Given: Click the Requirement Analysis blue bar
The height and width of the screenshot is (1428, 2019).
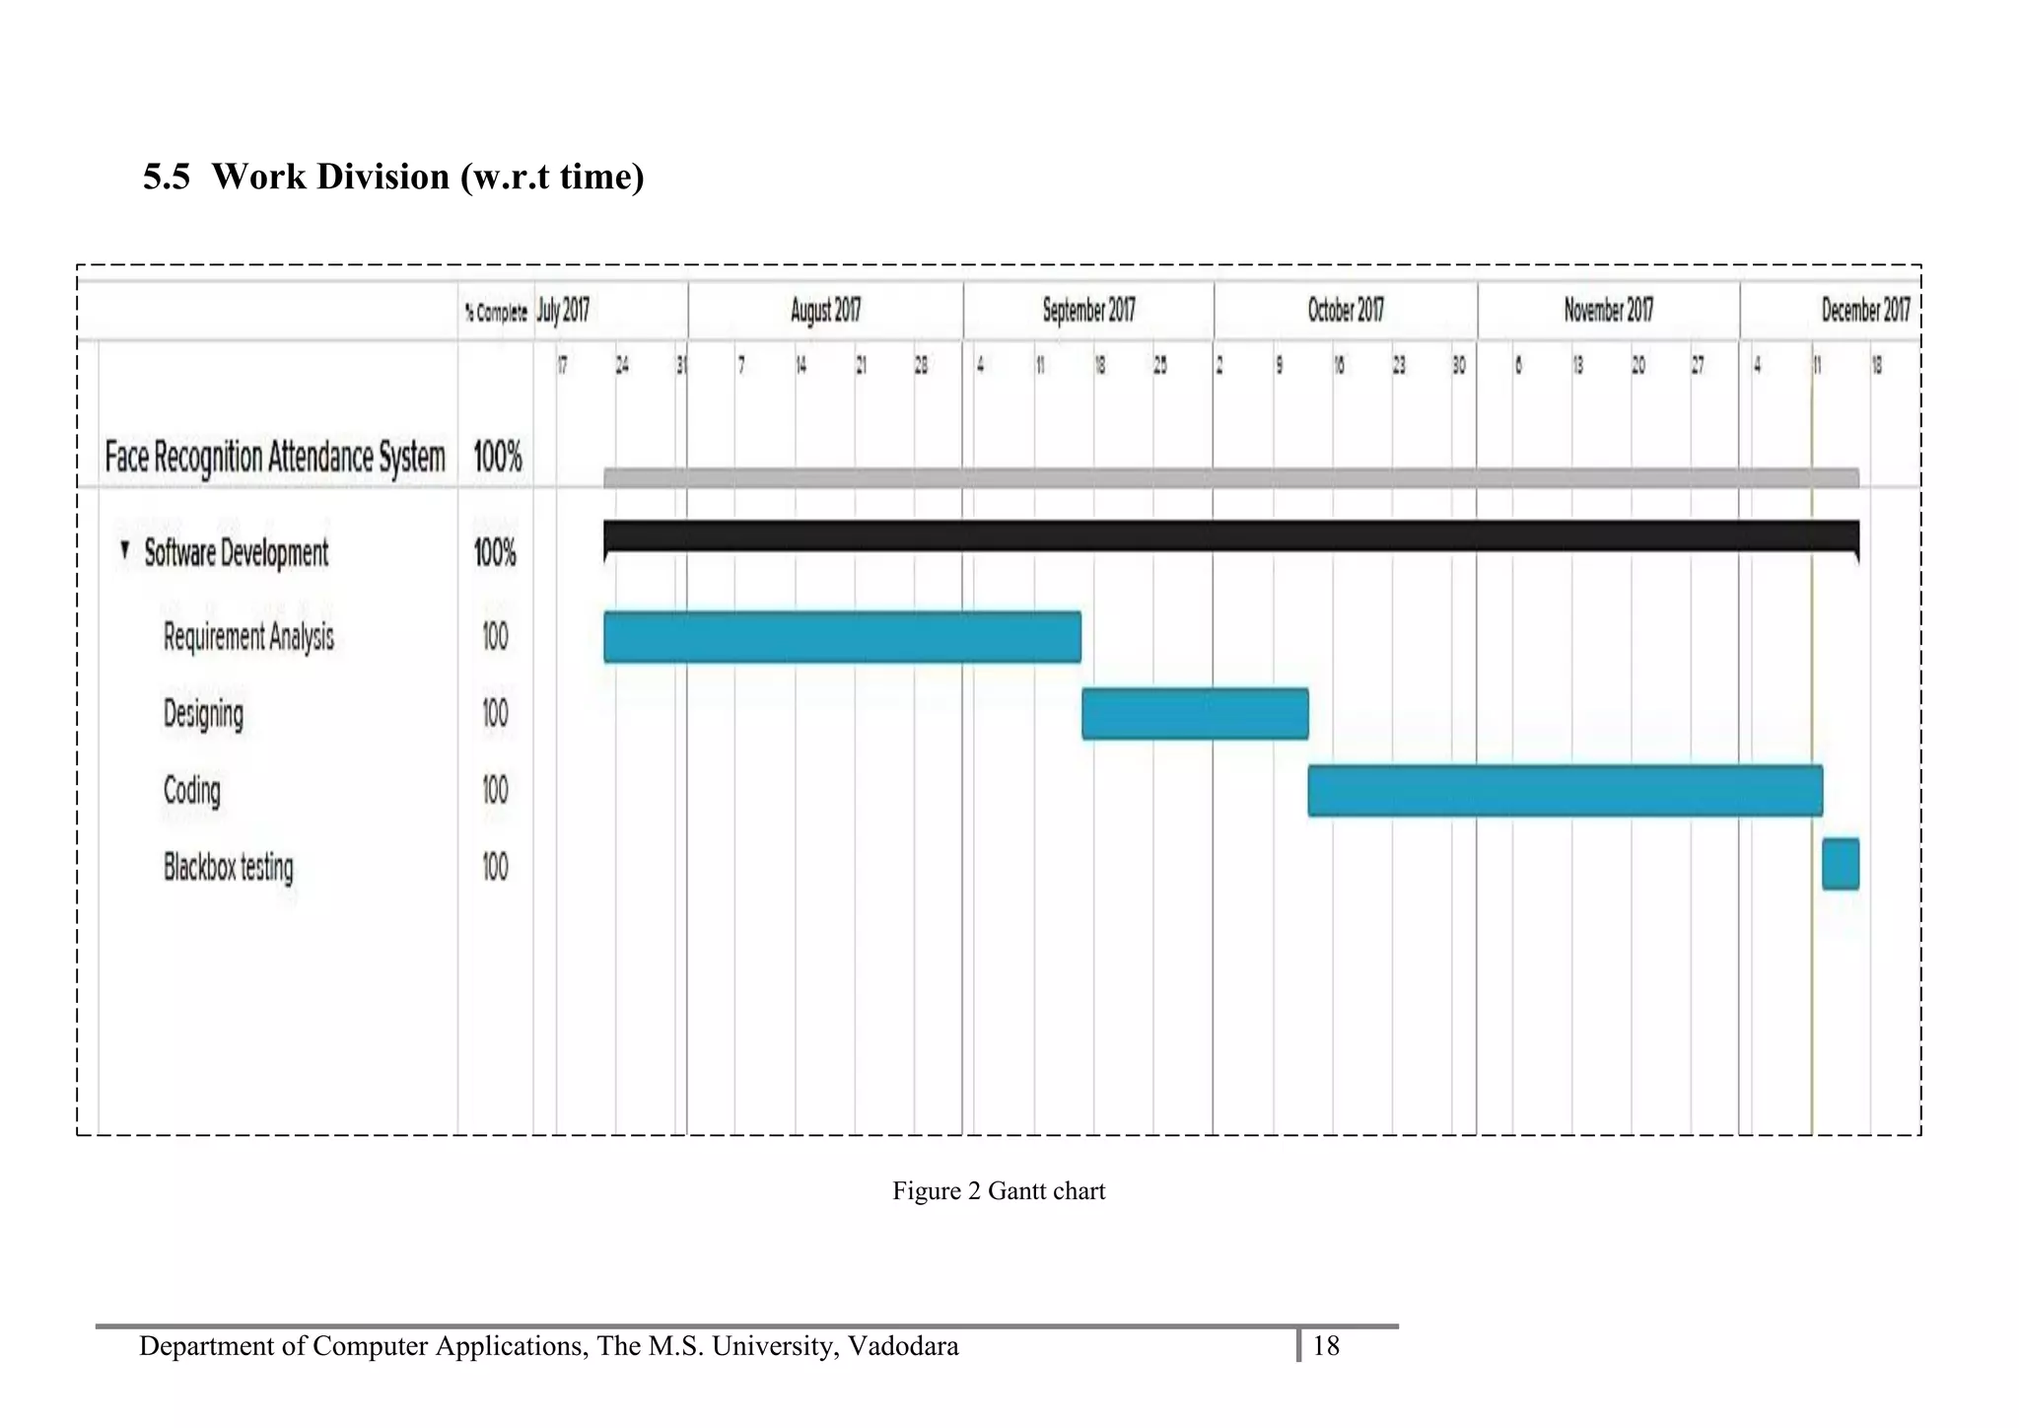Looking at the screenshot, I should (842, 637).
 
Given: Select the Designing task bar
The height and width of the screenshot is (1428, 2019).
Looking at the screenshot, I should (1195, 714).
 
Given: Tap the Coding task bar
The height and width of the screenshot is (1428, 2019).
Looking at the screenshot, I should (1565, 790).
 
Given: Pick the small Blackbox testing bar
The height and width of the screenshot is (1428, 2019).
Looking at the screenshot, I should (1841, 864).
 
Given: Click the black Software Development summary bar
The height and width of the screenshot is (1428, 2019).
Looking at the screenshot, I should (1231, 535).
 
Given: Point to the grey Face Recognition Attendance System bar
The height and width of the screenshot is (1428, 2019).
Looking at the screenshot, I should (1231, 478).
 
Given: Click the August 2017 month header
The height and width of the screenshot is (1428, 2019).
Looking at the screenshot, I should (825, 312).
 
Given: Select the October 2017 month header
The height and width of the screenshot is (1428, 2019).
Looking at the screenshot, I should (1346, 312).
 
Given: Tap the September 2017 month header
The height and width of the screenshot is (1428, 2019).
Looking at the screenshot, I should (1088, 312).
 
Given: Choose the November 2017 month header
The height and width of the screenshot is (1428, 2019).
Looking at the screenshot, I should (1608, 312).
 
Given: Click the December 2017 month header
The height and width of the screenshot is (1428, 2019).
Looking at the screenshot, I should (1864, 312).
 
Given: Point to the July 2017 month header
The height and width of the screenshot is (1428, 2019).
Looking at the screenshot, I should (563, 312).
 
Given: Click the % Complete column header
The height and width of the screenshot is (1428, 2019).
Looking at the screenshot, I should (496, 314).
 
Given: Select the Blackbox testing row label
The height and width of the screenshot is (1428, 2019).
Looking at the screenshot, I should (229, 868).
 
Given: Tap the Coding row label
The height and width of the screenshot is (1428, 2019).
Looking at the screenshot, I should (192, 791).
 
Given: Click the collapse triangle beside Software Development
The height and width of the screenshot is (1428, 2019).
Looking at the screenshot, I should (124, 549).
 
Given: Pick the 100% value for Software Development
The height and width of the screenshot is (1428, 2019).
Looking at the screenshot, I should (495, 552).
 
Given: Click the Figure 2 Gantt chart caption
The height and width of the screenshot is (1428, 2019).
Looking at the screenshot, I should (999, 1191).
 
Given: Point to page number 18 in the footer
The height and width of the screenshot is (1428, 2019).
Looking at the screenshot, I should (1326, 1346).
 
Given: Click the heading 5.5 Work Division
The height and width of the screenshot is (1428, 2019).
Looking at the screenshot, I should (393, 177).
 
